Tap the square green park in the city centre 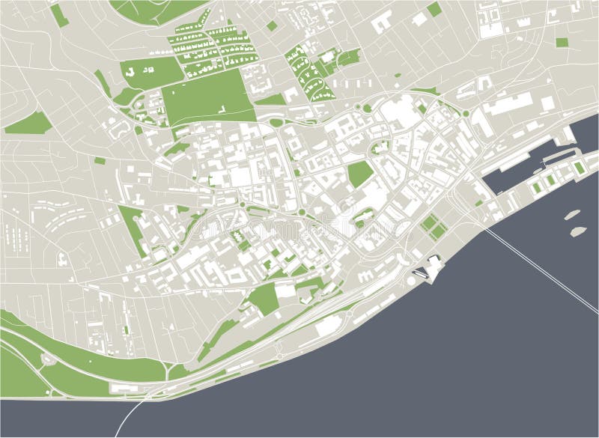tap(360, 174)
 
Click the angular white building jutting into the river tap(433, 266)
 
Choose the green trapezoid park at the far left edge tap(26, 122)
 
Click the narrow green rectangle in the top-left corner tap(60, 15)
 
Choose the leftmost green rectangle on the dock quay tap(536, 184)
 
